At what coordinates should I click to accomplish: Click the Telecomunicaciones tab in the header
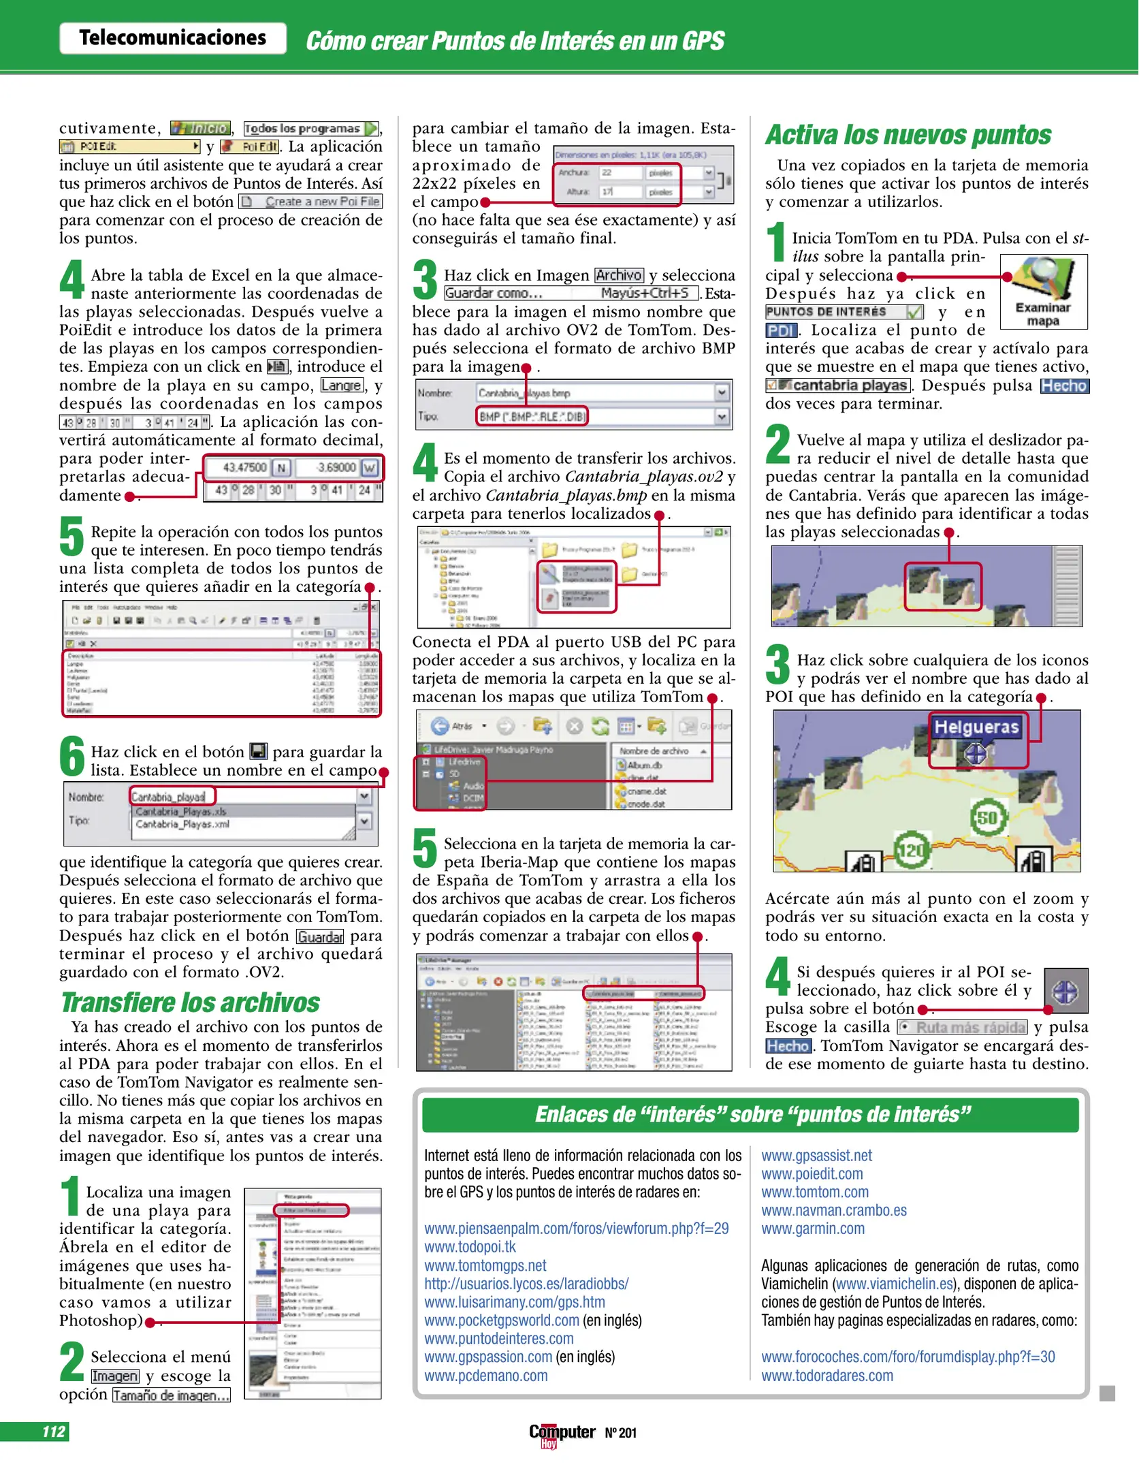172,38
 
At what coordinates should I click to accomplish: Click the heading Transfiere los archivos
190,1002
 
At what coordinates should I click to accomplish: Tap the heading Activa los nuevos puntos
908,135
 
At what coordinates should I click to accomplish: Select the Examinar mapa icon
1043,291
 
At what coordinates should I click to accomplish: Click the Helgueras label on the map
976,727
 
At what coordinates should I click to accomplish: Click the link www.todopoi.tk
470,1247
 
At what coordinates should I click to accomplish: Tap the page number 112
54,1431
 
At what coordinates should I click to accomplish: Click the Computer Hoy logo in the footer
562,1433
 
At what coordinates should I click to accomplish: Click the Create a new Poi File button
310,202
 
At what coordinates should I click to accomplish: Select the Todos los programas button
310,128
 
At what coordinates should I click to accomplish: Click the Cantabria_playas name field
172,796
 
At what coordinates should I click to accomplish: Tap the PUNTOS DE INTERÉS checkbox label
844,312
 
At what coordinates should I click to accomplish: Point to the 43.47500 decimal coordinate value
244,467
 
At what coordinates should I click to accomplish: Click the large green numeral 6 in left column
71,757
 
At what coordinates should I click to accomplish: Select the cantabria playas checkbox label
838,385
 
